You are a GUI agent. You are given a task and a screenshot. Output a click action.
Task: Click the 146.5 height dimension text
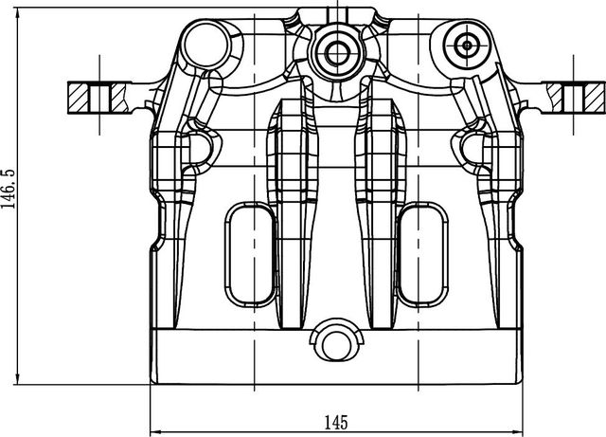(x=8, y=191)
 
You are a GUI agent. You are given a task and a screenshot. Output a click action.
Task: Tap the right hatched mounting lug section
(x=573, y=96)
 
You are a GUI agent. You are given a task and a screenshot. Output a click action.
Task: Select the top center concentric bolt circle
(x=335, y=47)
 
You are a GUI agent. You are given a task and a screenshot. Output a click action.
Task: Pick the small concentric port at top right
(x=468, y=44)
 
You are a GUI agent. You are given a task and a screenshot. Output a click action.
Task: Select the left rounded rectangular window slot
(x=249, y=256)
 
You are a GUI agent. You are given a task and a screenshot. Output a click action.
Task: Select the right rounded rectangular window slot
(x=422, y=256)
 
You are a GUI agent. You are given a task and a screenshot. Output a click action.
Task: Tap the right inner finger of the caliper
(x=377, y=209)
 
